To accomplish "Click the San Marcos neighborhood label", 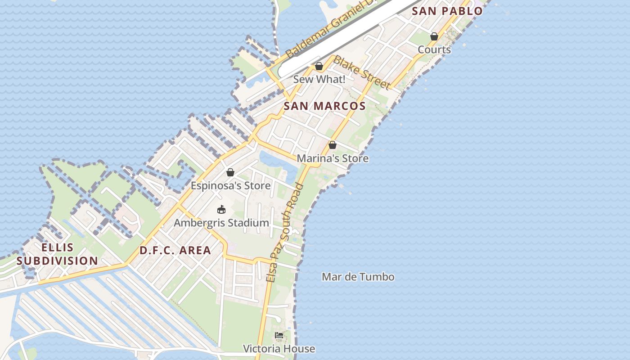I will coord(324,106).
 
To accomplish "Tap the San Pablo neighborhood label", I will coord(447,11).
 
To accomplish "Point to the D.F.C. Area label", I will coord(175,251).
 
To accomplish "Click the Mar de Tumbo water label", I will coord(358,277).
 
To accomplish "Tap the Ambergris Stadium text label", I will coord(221,223).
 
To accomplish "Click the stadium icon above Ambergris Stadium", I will coord(221,209).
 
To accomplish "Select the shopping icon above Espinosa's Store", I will coord(230,172).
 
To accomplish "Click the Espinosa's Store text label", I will coord(230,185).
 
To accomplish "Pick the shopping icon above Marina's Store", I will coord(333,145).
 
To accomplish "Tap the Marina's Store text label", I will coord(333,158).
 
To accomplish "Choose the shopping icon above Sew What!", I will coord(319,67).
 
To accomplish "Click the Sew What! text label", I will coord(319,80).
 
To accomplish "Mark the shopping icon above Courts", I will coord(434,36).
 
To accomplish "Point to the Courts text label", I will coord(434,49).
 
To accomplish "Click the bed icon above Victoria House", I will coord(279,335).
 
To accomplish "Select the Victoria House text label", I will coord(279,349).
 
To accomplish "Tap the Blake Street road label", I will coord(362,72).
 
